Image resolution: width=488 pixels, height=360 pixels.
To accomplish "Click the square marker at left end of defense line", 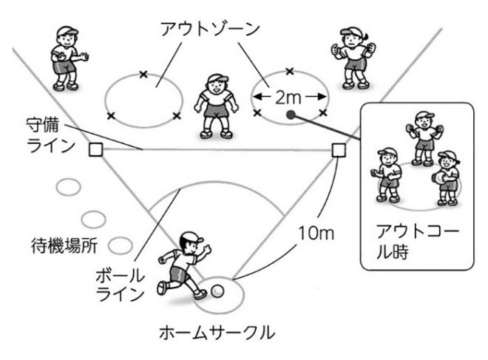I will pyautogui.click(x=95, y=150).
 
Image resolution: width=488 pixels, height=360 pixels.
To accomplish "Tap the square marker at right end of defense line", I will pyautogui.click(x=338, y=150).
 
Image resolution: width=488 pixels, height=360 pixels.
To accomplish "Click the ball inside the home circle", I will pyautogui.click(x=217, y=291).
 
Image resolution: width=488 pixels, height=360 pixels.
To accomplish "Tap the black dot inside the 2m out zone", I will pyautogui.click(x=291, y=115).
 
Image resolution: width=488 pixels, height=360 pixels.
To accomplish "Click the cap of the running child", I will pyautogui.click(x=191, y=238).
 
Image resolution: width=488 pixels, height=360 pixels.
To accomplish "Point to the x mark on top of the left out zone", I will pyautogui.click(x=143, y=73).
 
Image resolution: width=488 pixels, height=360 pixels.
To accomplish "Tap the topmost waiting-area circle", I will pyautogui.click(x=69, y=187).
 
